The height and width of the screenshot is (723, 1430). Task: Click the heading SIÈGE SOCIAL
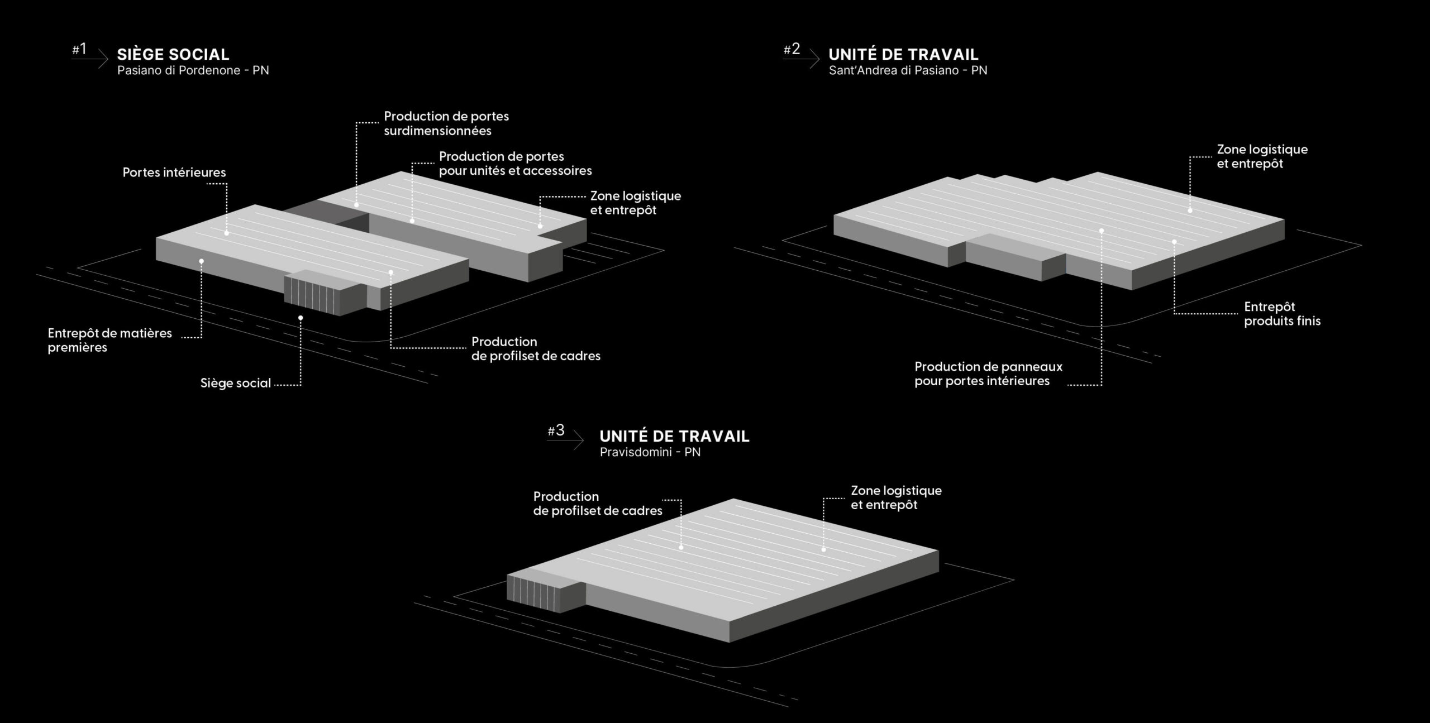[173, 54]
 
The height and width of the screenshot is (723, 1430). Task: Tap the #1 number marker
[79, 49]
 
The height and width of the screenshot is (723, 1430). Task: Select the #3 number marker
[556, 430]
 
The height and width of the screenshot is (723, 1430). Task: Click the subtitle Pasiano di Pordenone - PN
[193, 71]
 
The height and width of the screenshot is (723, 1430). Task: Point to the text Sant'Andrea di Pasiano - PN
[908, 71]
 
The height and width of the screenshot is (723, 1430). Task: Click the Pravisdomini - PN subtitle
[650, 452]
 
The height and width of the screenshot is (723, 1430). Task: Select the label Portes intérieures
[174, 173]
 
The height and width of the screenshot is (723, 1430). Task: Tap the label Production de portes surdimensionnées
[446, 123]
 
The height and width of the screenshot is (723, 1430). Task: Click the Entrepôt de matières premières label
[110, 340]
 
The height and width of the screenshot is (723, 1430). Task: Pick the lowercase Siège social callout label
[236, 383]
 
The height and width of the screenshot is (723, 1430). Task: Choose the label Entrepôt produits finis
[1282, 314]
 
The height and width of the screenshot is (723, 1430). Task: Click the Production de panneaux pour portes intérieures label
[988, 374]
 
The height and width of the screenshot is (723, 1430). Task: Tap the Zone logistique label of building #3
[896, 497]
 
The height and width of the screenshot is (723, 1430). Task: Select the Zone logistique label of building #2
[1262, 156]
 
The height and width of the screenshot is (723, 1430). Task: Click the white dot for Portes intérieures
[227, 233]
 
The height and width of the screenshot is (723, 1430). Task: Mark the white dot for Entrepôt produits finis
[1174, 242]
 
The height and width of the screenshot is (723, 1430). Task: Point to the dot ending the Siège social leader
[301, 318]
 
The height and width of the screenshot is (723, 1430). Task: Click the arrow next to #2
[801, 58]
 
